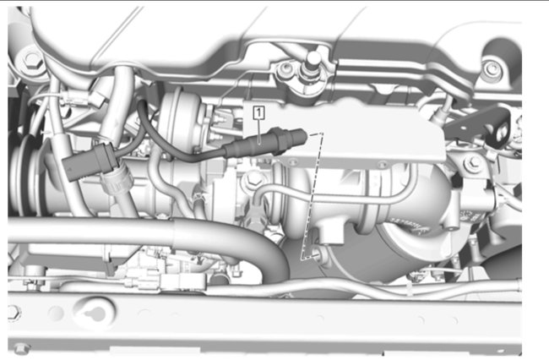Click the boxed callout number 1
coord(258,112)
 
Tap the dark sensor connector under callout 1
coord(265,143)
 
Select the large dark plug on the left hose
coord(90,161)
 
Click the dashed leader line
coord(311,196)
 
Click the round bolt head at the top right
coord(492,68)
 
